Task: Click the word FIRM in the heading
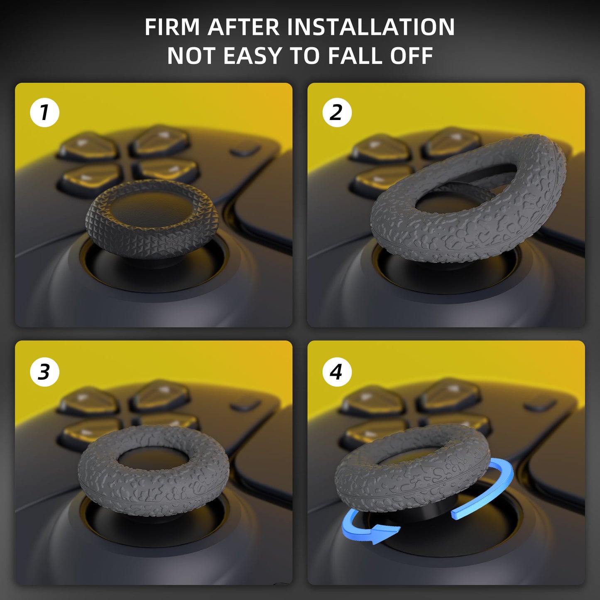pos(172,27)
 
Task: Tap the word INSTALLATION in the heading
pos(371,27)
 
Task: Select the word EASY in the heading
pos(252,56)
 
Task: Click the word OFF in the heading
pos(411,56)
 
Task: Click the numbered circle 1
pos(44,113)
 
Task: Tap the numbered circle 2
pos(337,113)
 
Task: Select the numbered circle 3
pos(44,372)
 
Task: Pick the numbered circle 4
pos(337,372)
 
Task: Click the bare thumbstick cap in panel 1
pos(152,220)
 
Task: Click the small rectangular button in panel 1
pos(245,149)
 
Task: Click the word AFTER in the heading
pos(243,27)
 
